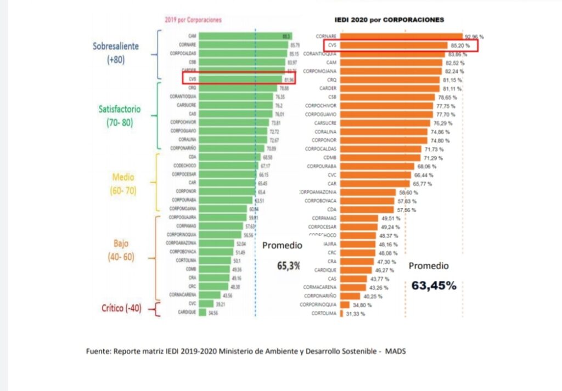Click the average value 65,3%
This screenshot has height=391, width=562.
(288, 265)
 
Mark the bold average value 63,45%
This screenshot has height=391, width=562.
(434, 285)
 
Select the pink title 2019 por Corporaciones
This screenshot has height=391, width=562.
(193, 19)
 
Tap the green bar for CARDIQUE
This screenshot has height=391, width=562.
(202, 312)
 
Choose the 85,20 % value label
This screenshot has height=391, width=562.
(462, 46)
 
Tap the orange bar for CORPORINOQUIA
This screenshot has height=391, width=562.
(345, 304)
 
